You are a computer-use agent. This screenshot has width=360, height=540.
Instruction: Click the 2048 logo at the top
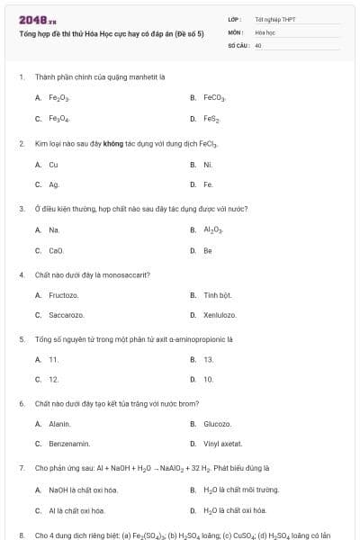pyautogui.click(x=31, y=19)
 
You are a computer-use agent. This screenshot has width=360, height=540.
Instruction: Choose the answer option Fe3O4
pyautogui.click(x=59, y=119)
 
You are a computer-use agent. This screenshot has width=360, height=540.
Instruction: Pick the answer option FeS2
pyautogui.click(x=211, y=119)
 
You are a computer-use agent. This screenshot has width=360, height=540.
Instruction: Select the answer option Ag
pyautogui.click(x=54, y=185)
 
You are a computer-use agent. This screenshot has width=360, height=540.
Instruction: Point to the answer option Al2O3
pyautogui.click(x=212, y=230)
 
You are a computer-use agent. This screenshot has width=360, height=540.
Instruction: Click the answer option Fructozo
pyautogui.click(x=63, y=295)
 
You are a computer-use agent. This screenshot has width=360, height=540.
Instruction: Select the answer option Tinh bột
pyautogui.click(x=218, y=295)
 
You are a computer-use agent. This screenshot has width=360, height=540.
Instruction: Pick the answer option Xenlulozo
pyautogui.click(x=220, y=316)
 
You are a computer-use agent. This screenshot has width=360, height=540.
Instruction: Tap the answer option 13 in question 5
pyautogui.click(x=208, y=359)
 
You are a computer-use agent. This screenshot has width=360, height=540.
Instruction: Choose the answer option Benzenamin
pyautogui.click(x=68, y=445)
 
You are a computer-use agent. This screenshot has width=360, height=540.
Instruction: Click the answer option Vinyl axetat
pyautogui.click(x=222, y=445)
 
